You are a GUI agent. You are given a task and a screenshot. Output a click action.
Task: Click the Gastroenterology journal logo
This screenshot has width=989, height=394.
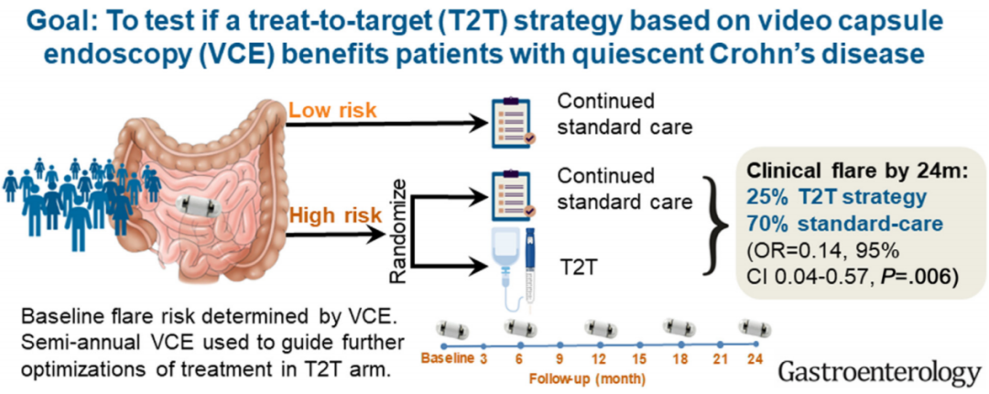tap(875, 372)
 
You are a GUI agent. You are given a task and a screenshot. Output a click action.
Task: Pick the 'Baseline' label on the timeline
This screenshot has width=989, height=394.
tap(447, 356)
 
